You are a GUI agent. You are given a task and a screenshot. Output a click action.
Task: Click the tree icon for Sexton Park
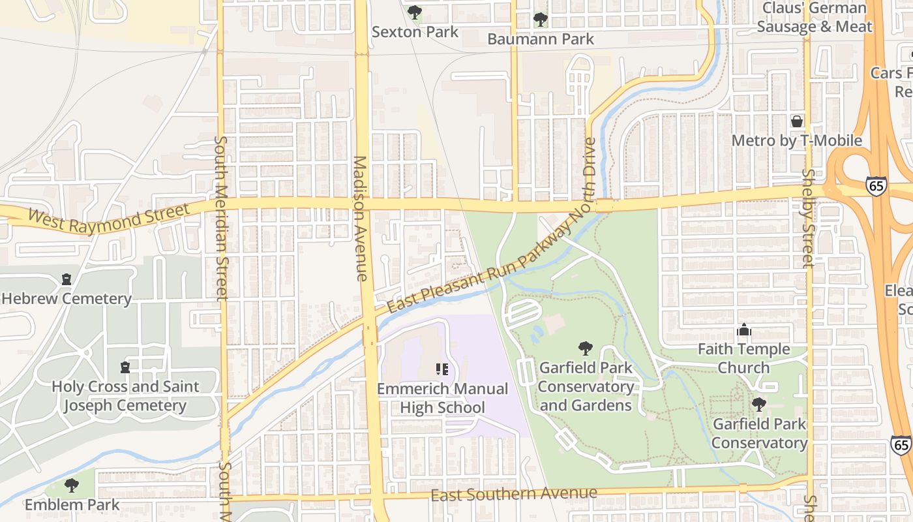coord(414,12)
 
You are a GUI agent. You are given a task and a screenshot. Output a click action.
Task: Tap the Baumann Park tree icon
coord(540,20)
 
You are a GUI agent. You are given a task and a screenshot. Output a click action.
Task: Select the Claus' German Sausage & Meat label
coord(815,18)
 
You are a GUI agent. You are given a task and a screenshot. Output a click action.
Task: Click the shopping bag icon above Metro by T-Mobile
coord(796,121)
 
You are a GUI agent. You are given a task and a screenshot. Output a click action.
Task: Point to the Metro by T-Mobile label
coord(796,141)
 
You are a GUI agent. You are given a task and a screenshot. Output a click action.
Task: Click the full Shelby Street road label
coord(808,219)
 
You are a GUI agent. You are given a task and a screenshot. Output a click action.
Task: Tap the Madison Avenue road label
coord(361,219)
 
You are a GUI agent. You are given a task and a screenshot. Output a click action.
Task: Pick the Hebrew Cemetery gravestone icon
coord(66,279)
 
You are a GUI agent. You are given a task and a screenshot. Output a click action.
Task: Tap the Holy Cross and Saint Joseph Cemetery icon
coord(125,367)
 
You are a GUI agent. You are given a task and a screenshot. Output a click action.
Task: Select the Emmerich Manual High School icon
coord(442,369)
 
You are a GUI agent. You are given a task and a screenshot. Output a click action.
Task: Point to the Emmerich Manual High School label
coord(442,398)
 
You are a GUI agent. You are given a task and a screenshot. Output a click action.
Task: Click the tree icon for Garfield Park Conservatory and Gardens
coord(585,348)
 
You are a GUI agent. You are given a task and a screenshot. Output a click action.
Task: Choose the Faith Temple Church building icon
coord(744,330)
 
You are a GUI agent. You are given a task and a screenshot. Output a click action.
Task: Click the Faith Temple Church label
coord(744,358)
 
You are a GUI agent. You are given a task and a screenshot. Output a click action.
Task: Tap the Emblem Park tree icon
coord(72,485)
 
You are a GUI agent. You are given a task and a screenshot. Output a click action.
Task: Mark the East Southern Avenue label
coord(514,495)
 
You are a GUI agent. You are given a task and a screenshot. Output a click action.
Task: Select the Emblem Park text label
coord(72,504)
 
